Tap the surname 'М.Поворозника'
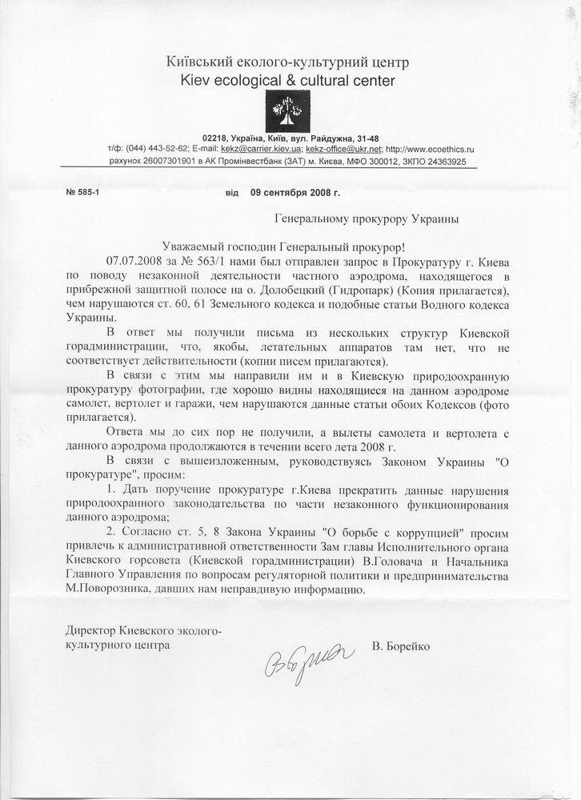pyautogui.click(x=110, y=590)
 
